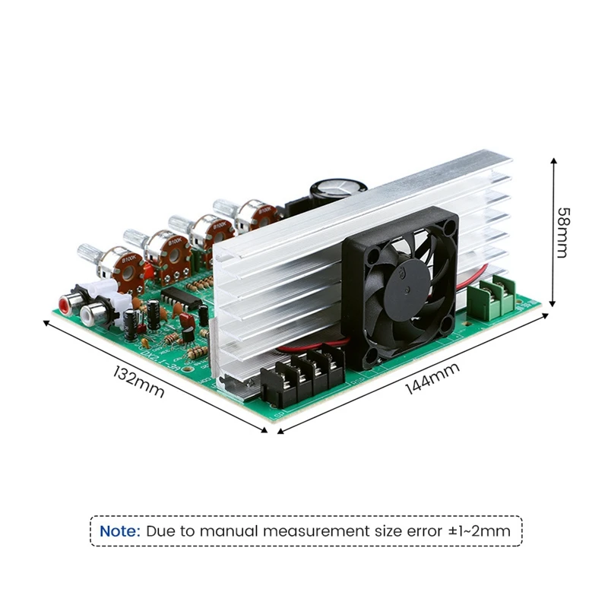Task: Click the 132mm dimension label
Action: pyautogui.click(x=138, y=382)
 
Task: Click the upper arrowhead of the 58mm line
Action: pyautogui.click(x=554, y=162)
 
